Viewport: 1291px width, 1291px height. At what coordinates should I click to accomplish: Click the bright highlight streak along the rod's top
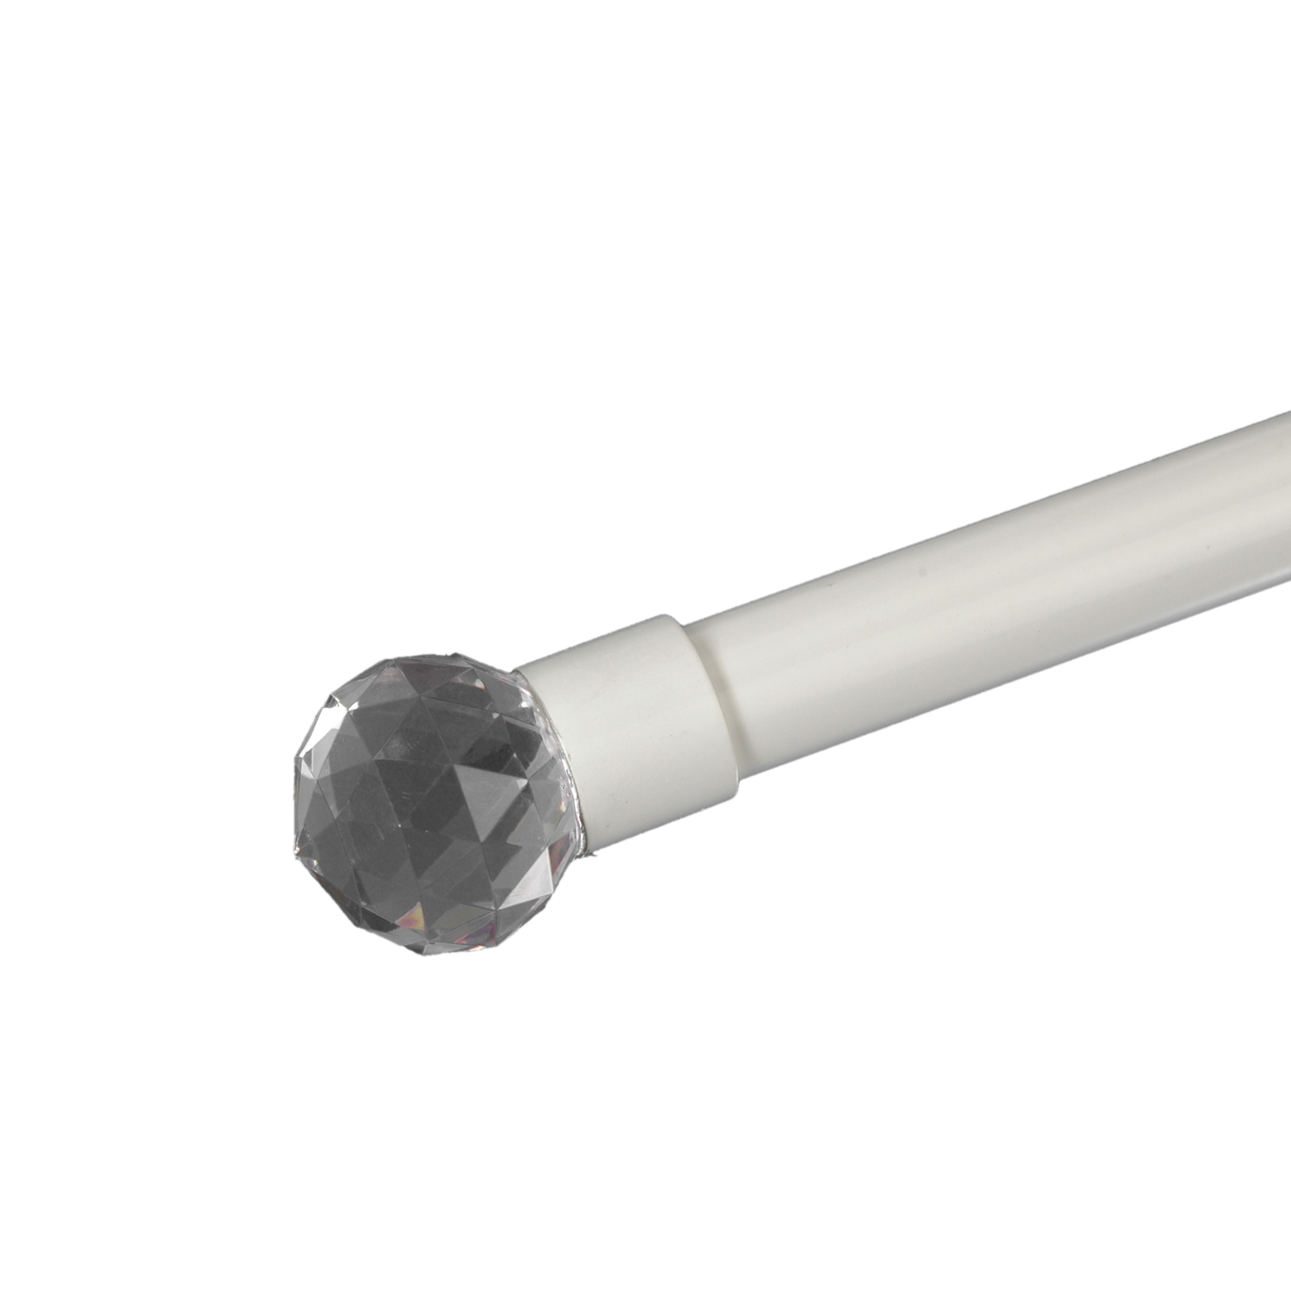click(1009, 538)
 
